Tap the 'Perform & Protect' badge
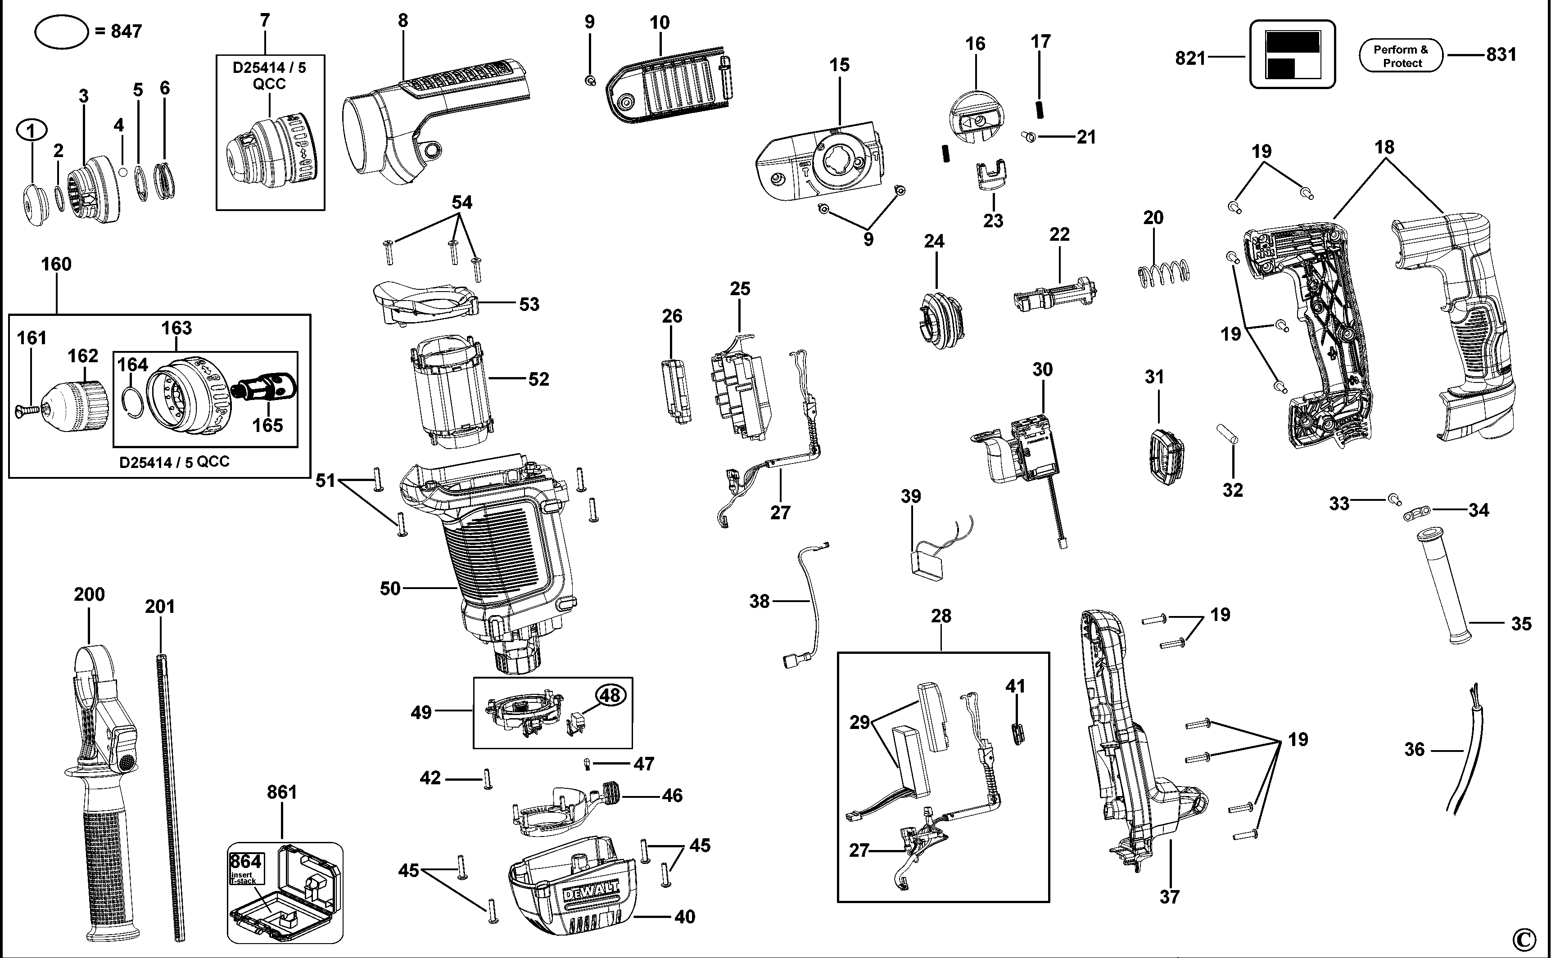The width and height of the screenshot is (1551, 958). click(x=1401, y=56)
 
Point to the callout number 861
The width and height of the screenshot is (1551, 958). click(x=281, y=792)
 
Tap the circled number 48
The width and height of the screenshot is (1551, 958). click(x=609, y=696)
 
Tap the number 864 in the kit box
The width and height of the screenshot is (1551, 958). click(x=245, y=862)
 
